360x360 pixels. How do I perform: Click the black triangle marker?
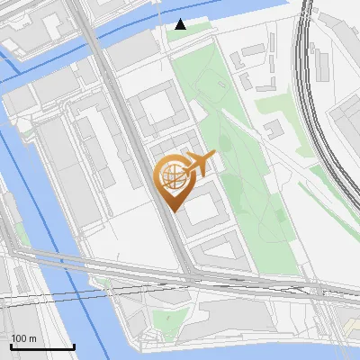tap(181, 25)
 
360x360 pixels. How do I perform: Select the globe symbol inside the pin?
tap(171, 176)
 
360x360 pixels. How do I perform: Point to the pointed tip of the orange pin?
tap(172, 210)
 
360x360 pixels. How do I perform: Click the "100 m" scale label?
tap(24, 338)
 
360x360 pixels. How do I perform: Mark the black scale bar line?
tap(42, 347)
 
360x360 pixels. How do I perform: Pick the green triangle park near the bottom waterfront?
tap(166, 320)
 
